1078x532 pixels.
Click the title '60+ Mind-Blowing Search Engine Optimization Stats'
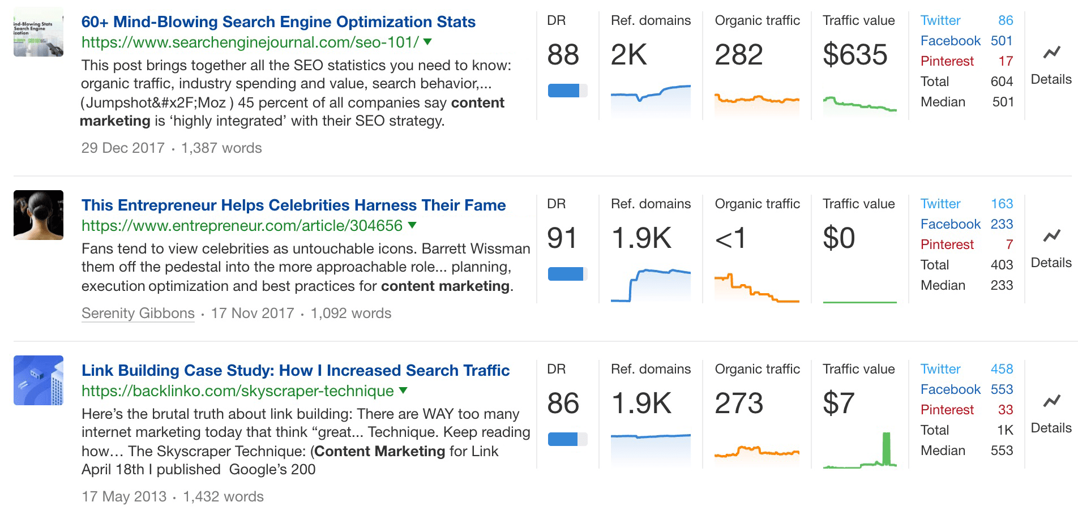pyautogui.click(x=278, y=22)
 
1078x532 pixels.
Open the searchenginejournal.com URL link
pyautogui.click(x=250, y=42)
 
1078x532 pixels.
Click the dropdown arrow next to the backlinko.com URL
pyautogui.click(x=403, y=391)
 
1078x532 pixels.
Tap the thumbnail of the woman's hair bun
pyautogui.click(x=38, y=215)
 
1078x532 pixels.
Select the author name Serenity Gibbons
pyautogui.click(x=138, y=314)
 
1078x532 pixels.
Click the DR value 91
pyautogui.click(x=562, y=238)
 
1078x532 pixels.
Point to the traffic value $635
pyautogui.click(x=855, y=55)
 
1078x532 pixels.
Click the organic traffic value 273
pyautogui.click(x=739, y=404)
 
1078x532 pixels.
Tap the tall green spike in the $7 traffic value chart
pyautogui.click(x=886, y=448)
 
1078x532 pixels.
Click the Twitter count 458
pyautogui.click(x=1002, y=369)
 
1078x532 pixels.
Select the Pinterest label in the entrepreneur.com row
pyautogui.click(x=947, y=244)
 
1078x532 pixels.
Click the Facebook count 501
pyautogui.click(x=1001, y=41)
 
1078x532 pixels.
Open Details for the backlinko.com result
pyautogui.click(x=1051, y=428)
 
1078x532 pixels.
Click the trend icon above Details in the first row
pyautogui.click(x=1051, y=53)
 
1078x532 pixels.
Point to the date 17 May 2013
pyautogui.click(x=124, y=497)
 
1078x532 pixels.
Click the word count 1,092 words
pyautogui.click(x=351, y=314)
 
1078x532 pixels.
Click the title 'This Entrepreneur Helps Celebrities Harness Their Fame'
pyautogui.click(x=293, y=205)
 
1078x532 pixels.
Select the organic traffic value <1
pyautogui.click(x=730, y=238)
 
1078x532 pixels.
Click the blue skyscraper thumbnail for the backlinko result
pyautogui.click(x=38, y=380)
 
